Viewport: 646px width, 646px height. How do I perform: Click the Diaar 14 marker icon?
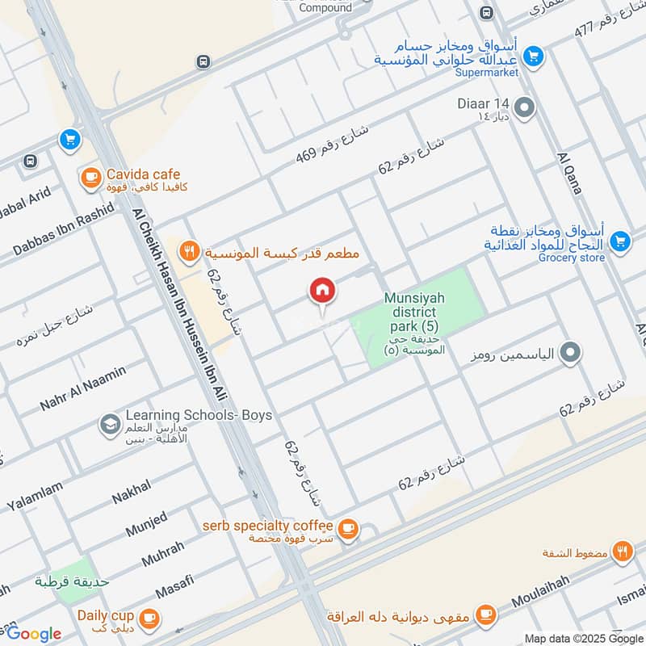(525, 107)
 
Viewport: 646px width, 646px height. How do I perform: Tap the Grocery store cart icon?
(619, 241)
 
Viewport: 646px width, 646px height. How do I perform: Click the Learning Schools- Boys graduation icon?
(108, 423)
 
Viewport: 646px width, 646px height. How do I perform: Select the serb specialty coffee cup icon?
(348, 530)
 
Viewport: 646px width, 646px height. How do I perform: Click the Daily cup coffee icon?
(148, 618)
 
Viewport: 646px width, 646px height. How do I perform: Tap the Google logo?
(33, 633)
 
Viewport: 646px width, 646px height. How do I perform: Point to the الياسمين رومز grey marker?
(571, 352)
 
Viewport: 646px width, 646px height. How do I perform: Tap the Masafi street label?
(173, 586)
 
